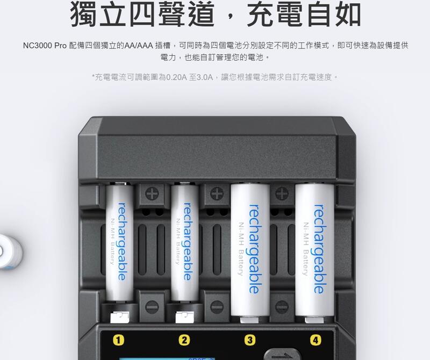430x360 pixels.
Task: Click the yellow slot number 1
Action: pos(118,340)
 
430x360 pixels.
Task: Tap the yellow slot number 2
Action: pos(184,340)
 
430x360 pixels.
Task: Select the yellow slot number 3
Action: pos(250,340)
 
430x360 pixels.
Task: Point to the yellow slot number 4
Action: pos(316,340)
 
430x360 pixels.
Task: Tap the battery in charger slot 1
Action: pos(119,242)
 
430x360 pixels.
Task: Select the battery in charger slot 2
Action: pos(185,242)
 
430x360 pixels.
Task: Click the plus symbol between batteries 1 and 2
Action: pos(152,194)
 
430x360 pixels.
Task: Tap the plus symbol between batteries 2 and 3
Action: pos(217,193)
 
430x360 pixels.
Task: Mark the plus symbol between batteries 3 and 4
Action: pos(282,193)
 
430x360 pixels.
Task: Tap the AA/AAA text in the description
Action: pos(139,46)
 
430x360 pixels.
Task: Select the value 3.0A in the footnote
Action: pos(205,77)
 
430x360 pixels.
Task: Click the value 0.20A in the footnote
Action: pos(176,77)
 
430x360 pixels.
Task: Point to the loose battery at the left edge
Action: pos(10,251)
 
